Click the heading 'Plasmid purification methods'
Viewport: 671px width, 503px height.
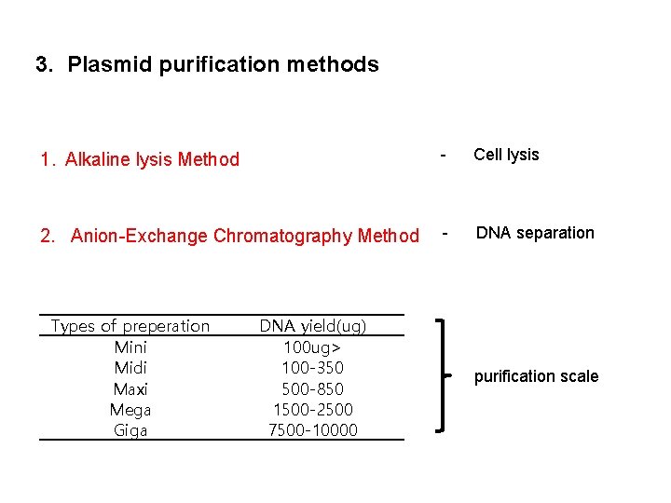[223, 65]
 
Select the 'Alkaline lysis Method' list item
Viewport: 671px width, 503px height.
[152, 159]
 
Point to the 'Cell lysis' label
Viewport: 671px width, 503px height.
[506, 155]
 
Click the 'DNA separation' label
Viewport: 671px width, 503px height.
[535, 233]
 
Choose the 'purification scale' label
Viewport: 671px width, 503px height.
[536, 376]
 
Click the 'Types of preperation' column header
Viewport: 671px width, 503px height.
[130, 326]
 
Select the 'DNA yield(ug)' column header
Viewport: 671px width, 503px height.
[313, 326]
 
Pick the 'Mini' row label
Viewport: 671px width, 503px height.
[130, 347]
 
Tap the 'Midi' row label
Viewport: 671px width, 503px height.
[130, 368]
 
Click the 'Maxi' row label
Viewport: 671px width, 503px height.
[130, 389]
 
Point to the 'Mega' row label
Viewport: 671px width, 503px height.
[130, 410]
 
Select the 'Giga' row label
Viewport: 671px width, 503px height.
[130, 430]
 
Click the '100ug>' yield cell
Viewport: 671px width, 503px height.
[313, 347]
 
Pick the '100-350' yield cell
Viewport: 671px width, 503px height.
[313, 368]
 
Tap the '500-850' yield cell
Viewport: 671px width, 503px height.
[313, 389]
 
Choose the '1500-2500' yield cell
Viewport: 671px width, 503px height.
[313, 410]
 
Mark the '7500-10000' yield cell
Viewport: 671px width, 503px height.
[313, 430]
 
